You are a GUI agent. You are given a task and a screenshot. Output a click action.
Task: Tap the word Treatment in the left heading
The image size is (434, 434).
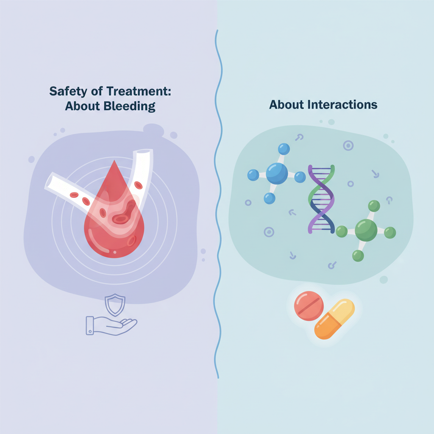click(139, 91)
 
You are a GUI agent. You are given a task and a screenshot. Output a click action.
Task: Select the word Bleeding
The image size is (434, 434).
click(129, 106)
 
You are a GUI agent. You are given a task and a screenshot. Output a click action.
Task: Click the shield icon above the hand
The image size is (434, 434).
click(115, 305)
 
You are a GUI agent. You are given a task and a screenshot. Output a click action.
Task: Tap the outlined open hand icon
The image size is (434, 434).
click(111, 326)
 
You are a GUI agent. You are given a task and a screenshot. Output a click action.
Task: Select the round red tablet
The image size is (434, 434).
click(309, 306)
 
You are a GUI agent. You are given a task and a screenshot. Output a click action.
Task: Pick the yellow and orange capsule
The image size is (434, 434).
click(334, 319)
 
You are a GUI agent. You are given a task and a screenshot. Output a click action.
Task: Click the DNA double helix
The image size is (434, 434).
click(321, 199)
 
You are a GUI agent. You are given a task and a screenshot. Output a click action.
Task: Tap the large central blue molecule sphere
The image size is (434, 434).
click(277, 173)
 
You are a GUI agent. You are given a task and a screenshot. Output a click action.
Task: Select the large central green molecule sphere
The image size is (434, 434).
click(366, 230)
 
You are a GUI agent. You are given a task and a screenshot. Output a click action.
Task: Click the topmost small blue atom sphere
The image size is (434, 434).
click(284, 149)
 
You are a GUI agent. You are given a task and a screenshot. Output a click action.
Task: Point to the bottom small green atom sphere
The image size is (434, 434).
click(358, 256)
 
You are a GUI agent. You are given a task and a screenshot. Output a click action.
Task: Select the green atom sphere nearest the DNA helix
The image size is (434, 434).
click(342, 231)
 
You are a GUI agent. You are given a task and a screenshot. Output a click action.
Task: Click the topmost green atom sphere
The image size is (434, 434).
click(374, 206)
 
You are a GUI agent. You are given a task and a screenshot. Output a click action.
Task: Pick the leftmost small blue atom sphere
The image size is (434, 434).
click(253, 175)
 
